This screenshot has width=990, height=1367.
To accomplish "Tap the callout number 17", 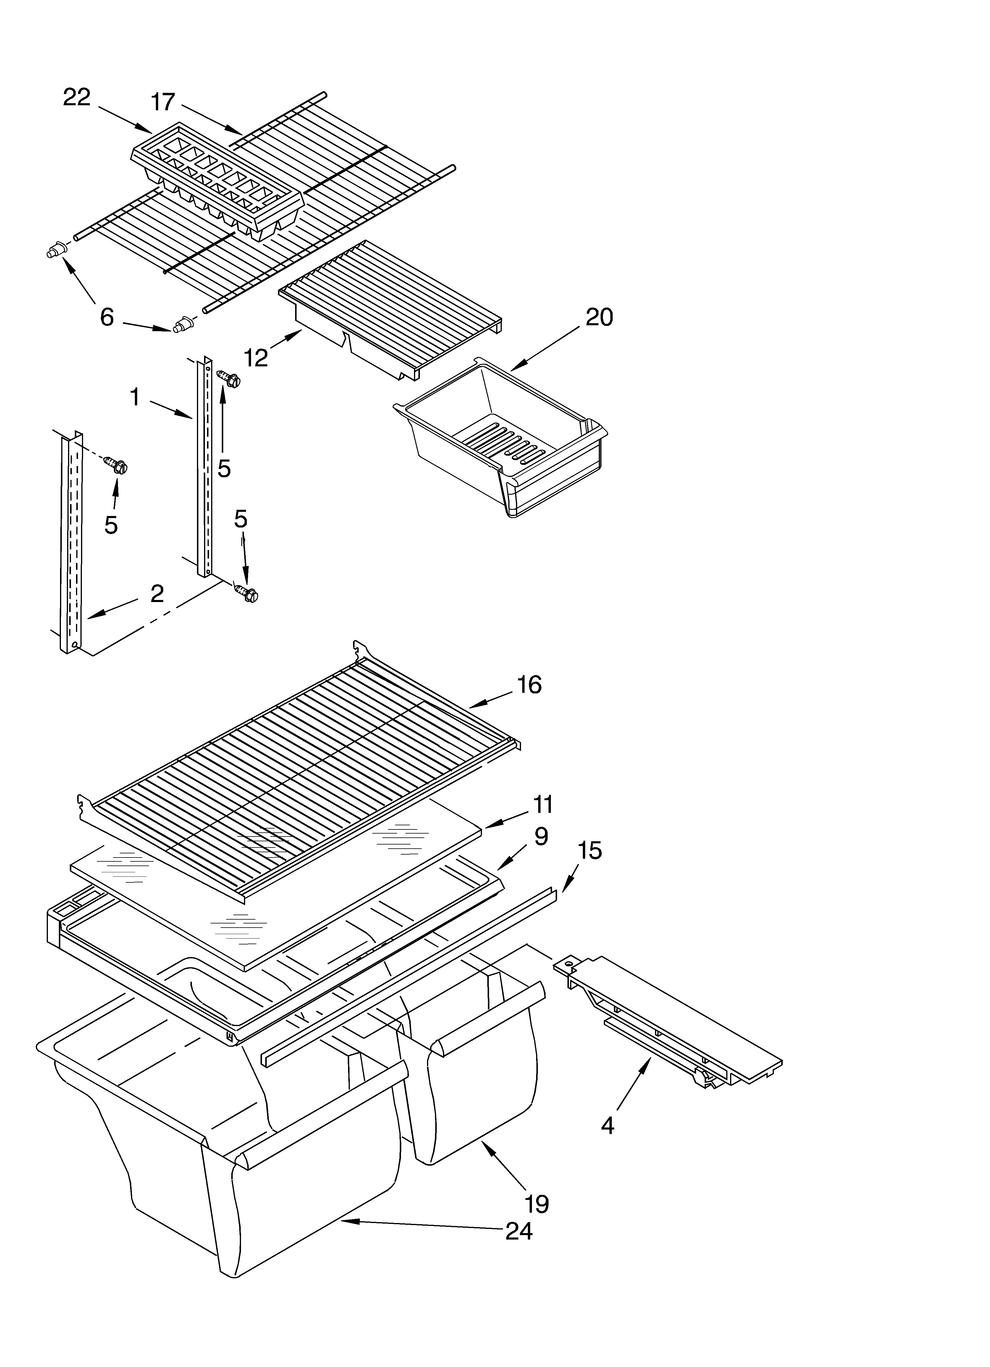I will [x=163, y=103].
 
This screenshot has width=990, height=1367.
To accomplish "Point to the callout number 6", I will [x=107, y=317].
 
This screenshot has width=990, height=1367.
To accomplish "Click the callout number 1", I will [x=135, y=398].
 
